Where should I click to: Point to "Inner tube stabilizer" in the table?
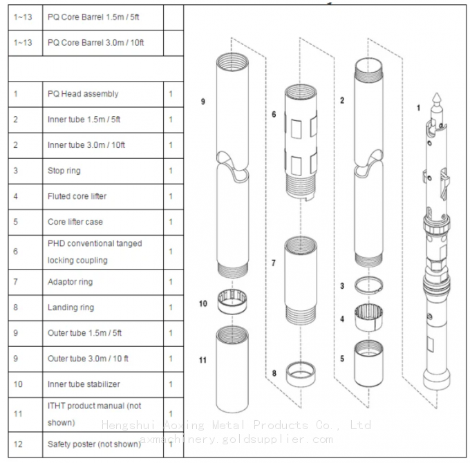coord(84,384)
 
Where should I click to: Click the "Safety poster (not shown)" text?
coord(94,444)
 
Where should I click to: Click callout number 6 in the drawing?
coord(274,114)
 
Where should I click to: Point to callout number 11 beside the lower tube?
coord(203,360)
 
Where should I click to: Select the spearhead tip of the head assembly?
coord(437,93)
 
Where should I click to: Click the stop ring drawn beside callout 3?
coord(368,285)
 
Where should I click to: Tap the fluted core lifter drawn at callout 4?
coord(368,318)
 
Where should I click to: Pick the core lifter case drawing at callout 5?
coord(368,363)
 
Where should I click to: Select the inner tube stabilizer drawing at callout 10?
coord(232,302)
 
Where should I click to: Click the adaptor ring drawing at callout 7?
coord(301,281)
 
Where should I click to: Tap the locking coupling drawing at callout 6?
coord(301,142)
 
